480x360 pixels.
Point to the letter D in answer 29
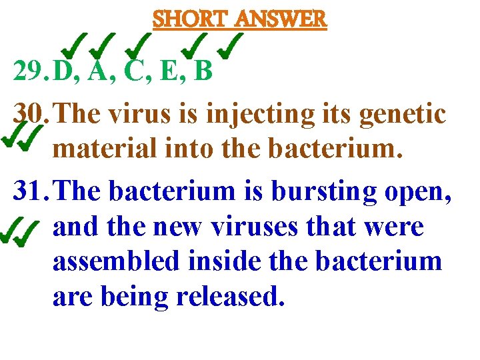pyautogui.click(x=63, y=71)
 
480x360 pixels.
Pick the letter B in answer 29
pyautogui.click(x=201, y=71)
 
